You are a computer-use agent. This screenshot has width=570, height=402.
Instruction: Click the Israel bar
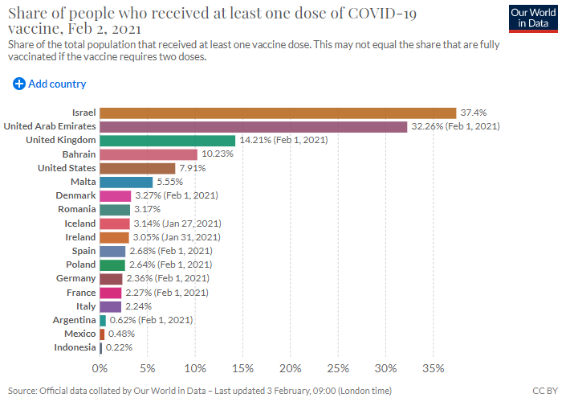(x=278, y=113)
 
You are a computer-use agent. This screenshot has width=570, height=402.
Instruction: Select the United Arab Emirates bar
(x=254, y=126)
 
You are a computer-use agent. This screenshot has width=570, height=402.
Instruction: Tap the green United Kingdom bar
(x=167, y=141)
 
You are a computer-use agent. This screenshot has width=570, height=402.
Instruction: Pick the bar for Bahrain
(x=149, y=154)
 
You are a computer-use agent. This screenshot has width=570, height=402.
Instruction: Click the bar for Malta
(x=126, y=183)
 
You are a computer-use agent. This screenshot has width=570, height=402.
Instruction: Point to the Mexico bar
(x=102, y=334)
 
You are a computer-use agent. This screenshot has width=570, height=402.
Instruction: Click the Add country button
(x=50, y=84)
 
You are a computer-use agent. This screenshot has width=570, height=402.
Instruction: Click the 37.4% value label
(x=474, y=113)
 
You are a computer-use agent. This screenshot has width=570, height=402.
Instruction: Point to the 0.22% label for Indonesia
(x=120, y=347)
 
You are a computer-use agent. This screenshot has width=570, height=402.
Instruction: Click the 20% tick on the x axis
(x=290, y=368)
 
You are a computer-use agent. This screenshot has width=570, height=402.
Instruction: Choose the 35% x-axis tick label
(x=433, y=368)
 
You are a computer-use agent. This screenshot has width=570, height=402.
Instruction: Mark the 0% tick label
(x=100, y=368)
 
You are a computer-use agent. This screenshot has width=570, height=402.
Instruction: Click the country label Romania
(x=75, y=210)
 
